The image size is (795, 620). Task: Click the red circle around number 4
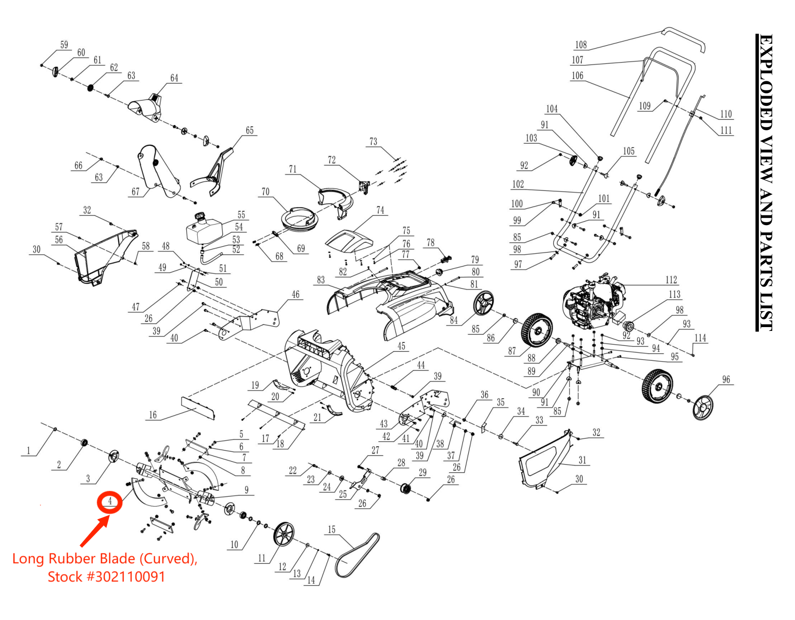coord(110,502)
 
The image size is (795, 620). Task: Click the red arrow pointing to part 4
coord(94,532)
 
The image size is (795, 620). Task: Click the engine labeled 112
coord(593,304)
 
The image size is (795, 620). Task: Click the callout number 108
coord(581,45)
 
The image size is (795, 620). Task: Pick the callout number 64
coord(174,78)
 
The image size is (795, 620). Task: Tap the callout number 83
coord(321,280)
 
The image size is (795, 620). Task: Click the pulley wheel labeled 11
coord(283,534)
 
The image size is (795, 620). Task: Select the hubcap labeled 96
coord(703,408)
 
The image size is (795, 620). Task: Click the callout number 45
coord(401,346)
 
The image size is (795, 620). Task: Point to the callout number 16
coord(153,415)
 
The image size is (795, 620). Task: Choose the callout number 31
coord(582,460)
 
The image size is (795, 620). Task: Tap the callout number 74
coord(380,210)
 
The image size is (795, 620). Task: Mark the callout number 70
coord(265,192)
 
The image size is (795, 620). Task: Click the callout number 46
coord(295,294)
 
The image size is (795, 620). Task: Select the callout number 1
coord(28,451)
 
